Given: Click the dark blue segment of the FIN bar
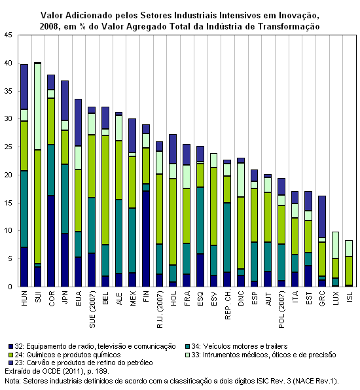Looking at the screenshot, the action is click(x=146, y=239).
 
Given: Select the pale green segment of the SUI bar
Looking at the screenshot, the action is click(x=38, y=107).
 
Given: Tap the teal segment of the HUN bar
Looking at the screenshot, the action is click(x=24, y=209).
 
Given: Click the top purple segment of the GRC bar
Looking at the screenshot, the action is click(x=322, y=217).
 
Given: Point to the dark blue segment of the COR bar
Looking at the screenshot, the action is click(x=51, y=241).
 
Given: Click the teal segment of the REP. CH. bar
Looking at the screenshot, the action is click(x=227, y=238).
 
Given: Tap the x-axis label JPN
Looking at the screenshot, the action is click(x=65, y=297).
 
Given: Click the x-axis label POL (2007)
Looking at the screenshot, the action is click(x=281, y=310).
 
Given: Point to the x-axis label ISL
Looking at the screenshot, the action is click(x=350, y=296).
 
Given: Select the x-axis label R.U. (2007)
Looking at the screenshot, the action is click(x=160, y=310).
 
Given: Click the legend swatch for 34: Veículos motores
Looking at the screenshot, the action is click(x=188, y=346).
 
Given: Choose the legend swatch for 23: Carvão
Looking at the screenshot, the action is click(x=10, y=363).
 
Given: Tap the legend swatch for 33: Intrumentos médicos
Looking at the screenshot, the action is click(x=188, y=355).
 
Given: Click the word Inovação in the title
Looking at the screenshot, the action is click(x=298, y=16).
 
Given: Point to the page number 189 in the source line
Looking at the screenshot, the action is click(x=102, y=371).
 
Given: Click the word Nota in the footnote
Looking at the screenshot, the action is click(x=12, y=381).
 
